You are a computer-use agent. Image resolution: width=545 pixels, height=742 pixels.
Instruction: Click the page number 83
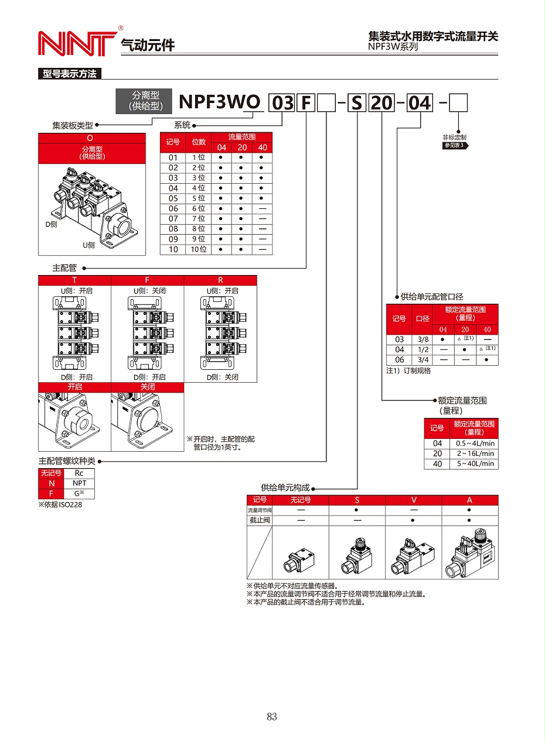pos(271,717)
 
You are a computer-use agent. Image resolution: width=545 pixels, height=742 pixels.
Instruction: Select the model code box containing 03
pos(282,103)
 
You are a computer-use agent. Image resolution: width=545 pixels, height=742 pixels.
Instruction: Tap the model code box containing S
pos(357,103)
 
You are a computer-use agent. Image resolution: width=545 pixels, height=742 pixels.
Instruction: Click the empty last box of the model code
pos(458,103)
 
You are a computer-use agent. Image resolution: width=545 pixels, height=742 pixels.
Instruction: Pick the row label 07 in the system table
pos(173,219)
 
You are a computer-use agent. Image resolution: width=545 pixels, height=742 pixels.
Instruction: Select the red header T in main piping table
pos(74,280)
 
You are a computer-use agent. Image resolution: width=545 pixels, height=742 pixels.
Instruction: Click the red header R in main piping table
pos(220,280)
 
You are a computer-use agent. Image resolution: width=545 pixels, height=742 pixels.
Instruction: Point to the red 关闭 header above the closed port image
pos(147,387)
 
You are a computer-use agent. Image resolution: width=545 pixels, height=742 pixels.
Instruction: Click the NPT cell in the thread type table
pos(79,483)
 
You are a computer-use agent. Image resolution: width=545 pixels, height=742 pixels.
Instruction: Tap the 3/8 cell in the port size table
pos(423,339)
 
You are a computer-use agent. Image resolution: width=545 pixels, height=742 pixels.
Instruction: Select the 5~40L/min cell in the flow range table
pos(474,463)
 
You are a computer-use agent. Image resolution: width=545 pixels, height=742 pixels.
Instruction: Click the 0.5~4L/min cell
pos(474,444)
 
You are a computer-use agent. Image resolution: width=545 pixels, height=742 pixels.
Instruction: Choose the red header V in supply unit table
pos(414,500)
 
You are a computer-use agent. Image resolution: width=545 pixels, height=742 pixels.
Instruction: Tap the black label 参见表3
pos(454,145)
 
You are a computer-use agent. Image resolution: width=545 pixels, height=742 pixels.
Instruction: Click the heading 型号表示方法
pos(70,74)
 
